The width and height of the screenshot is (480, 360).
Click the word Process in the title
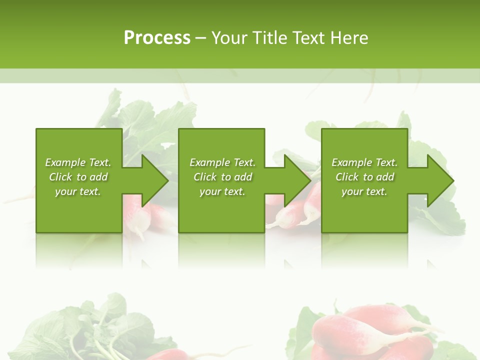[x=157, y=38]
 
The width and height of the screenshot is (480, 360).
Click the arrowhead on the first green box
[x=153, y=180]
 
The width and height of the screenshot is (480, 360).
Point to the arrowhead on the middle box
[x=296, y=180]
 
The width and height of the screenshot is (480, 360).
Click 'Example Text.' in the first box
[x=78, y=162]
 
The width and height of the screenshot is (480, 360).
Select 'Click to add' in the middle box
[x=222, y=177]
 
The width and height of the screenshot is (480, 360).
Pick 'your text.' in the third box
[x=364, y=191]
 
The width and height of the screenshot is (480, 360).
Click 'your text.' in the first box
[x=78, y=191]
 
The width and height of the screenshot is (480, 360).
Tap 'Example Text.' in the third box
[x=364, y=162]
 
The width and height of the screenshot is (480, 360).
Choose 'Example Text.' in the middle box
[x=222, y=162]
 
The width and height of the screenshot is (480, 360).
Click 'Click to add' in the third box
[x=364, y=177]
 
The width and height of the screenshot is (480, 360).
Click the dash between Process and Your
[x=200, y=38]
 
